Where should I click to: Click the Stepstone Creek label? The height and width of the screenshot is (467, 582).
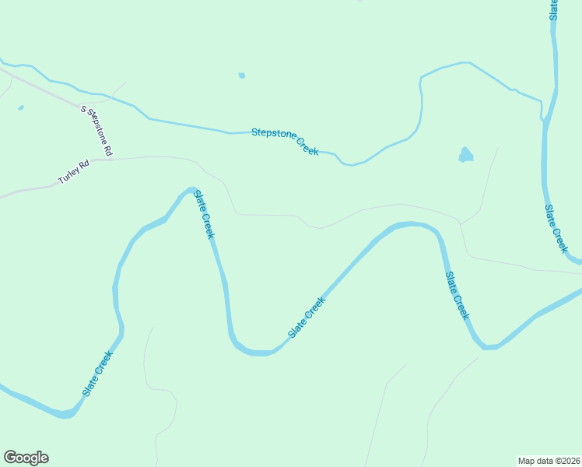click(x=285, y=141)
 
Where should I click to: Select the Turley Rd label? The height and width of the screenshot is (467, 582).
click(x=74, y=173)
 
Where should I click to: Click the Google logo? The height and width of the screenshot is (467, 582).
click(x=26, y=458)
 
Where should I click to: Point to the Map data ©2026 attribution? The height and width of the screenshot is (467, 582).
click(x=549, y=461)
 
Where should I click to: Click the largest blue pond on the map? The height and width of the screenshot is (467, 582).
click(x=466, y=154)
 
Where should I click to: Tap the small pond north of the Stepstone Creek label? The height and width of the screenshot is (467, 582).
click(x=242, y=75)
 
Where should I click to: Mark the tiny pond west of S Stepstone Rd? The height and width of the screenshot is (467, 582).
click(x=20, y=107)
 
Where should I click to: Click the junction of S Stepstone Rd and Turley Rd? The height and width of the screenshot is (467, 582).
click(x=110, y=159)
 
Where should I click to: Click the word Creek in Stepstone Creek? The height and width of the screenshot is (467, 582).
click(x=304, y=146)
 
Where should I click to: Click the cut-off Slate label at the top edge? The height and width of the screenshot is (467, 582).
click(x=554, y=9)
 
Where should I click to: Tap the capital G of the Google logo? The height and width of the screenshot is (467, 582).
click(x=10, y=458)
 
